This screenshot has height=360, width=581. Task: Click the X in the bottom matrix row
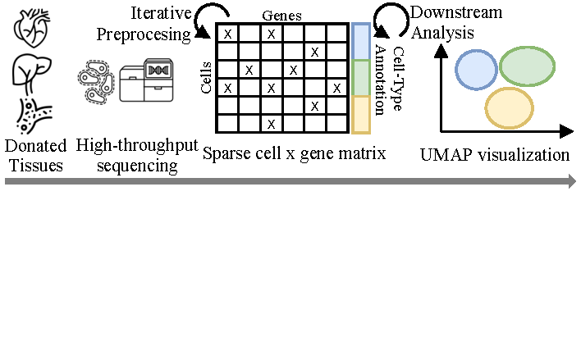[x=271, y=123]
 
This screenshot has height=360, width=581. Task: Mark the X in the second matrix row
[x=314, y=52]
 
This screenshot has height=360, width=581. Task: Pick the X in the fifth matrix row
[x=314, y=105]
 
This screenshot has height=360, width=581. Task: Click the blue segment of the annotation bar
[x=361, y=41]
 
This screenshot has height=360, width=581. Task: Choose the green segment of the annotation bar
[x=361, y=78]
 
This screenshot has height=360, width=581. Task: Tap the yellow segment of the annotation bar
[x=361, y=114]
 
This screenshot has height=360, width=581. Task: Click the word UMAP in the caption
[x=446, y=154]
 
